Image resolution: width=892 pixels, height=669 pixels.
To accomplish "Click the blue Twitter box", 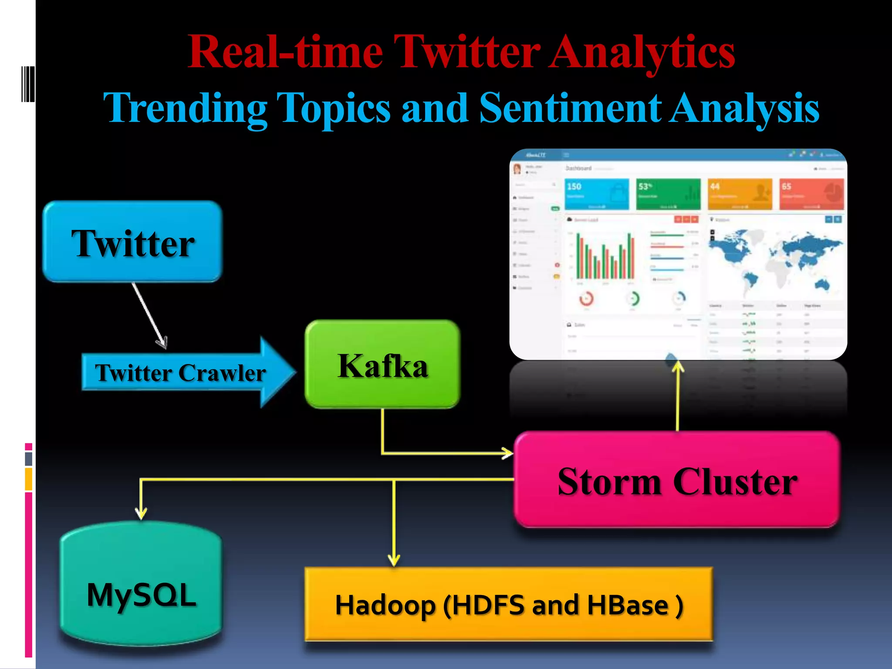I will (132, 242).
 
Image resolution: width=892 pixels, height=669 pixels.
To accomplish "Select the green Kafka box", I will (382, 365).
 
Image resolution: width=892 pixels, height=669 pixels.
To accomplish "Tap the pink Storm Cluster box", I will (677, 480).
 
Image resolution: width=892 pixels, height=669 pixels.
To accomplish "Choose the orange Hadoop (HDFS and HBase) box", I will (508, 604).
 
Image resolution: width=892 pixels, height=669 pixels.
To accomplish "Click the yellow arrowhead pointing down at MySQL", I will (141, 513).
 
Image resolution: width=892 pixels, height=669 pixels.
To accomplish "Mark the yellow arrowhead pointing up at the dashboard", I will (678, 367).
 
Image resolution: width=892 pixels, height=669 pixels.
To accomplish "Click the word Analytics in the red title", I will (642, 52).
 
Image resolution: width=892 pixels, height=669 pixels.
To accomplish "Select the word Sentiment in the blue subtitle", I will (570, 108).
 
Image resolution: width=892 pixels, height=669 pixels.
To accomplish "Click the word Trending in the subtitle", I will (186, 108).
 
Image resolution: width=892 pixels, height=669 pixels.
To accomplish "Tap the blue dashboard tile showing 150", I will (597, 194).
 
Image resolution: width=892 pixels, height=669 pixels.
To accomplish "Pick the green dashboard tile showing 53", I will (668, 194).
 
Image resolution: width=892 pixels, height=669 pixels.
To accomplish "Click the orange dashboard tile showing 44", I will (740, 194).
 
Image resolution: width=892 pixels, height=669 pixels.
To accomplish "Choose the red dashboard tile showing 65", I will (811, 194).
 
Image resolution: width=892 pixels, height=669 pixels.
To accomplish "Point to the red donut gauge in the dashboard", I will (586, 299).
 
